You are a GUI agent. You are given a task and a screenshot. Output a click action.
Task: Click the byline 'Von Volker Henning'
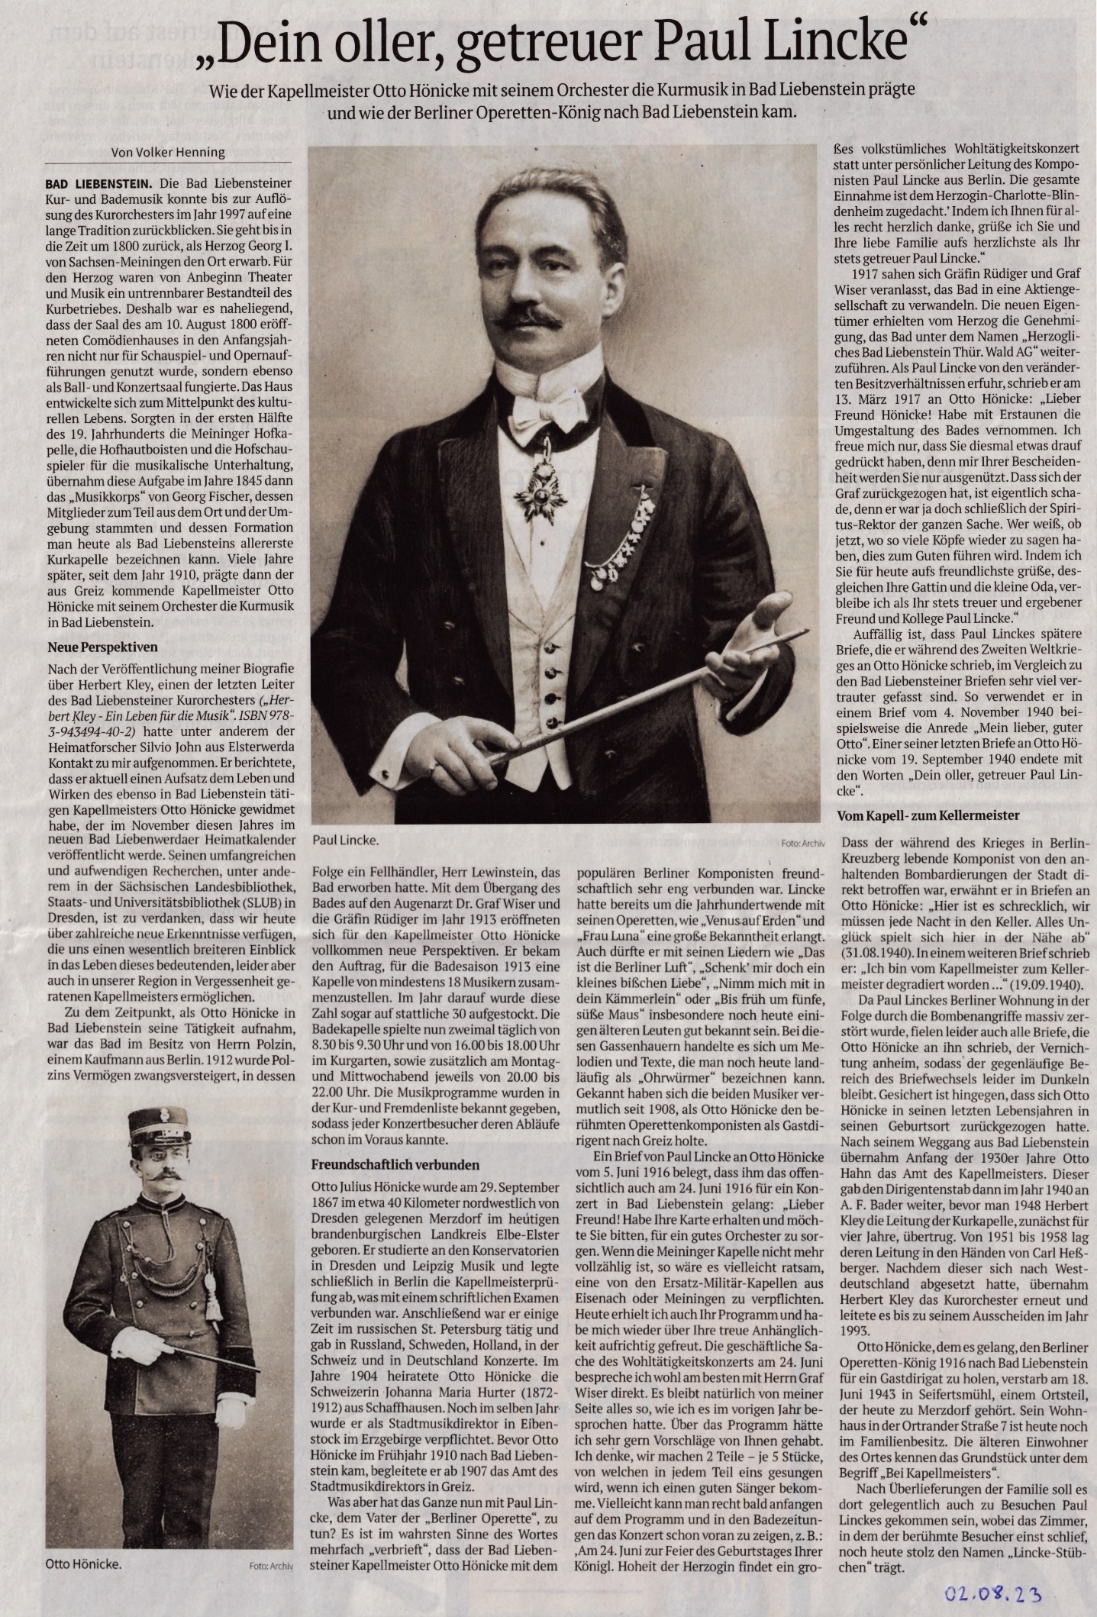(168, 151)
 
